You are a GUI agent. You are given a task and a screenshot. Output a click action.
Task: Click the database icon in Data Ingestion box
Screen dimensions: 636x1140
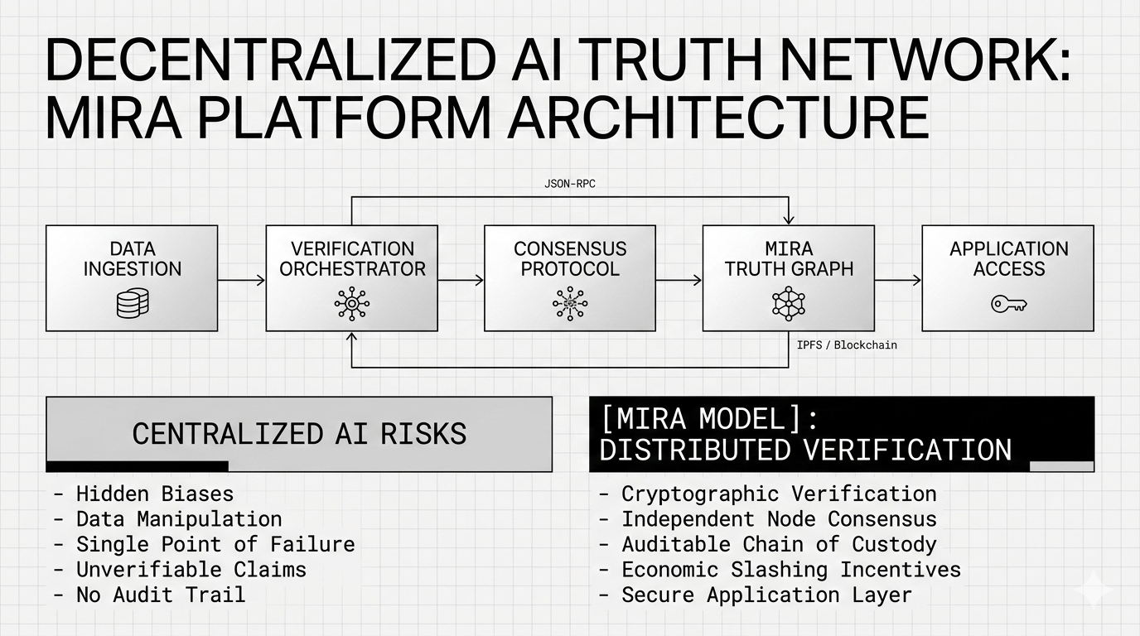tap(133, 303)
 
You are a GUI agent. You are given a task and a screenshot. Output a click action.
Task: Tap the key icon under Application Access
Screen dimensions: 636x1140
tap(1008, 304)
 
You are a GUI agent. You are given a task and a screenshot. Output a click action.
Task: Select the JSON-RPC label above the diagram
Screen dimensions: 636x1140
tap(569, 184)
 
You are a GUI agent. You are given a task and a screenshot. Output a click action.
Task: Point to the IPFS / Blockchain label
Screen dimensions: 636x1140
tap(847, 344)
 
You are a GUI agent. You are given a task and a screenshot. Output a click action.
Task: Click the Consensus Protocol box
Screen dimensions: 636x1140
tap(569, 278)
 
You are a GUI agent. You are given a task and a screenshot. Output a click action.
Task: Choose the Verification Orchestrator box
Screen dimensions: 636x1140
tap(351, 278)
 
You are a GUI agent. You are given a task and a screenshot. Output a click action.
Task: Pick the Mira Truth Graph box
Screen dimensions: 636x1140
tap(788, 278)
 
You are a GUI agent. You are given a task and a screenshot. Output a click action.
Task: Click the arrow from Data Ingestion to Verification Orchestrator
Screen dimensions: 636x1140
tap(241, 281)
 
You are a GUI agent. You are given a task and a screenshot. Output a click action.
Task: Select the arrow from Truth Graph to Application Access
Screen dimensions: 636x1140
tap(897, 281)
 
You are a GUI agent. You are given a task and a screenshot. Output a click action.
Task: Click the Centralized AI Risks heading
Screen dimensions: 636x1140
tap(299, 434)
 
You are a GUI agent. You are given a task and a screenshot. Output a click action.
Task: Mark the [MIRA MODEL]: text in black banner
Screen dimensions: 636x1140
tap(702, 418)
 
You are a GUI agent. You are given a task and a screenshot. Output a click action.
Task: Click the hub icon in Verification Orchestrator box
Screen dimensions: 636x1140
tap(351, 304)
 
